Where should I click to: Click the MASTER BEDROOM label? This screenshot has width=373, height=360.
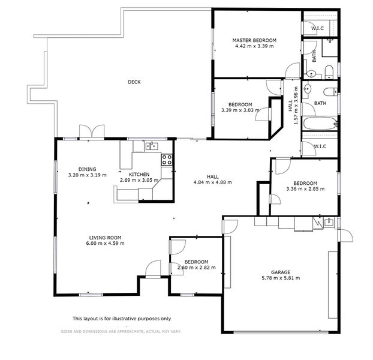pyautogui.click(x=254, y=40)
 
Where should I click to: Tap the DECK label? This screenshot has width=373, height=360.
pyautogui.click(x=134, y=82)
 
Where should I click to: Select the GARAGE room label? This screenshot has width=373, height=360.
pyautogui.click(x=281, y=271)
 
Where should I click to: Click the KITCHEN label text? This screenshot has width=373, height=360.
pyautogui.click(x=139, y=174)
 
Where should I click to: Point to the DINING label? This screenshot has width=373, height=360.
pyautogui.click(x=87, y=169)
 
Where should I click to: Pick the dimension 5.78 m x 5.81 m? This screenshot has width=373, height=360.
pyautogui.click(x=281, y=278)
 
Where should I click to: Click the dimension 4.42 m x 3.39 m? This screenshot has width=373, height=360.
pyautogui.click(x=254, y=46)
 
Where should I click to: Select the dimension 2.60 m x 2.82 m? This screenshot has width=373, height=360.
pyautogui.click(x=196, y=268)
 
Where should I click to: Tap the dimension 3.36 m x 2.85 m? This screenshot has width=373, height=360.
pyautogui.click(x=305, y=189)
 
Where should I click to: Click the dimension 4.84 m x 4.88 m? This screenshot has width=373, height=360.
pyautogui.click(x=212, y=182)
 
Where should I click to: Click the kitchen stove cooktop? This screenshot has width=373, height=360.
pyautogui.click(x=167, y=160)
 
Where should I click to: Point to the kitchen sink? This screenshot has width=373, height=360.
pyautogui.click(x=151, y=145)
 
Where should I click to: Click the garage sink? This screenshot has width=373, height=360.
pyautogui.click(x=329, y=223)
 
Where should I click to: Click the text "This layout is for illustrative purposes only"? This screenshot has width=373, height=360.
pyautogui.click(x=122, y=319)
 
